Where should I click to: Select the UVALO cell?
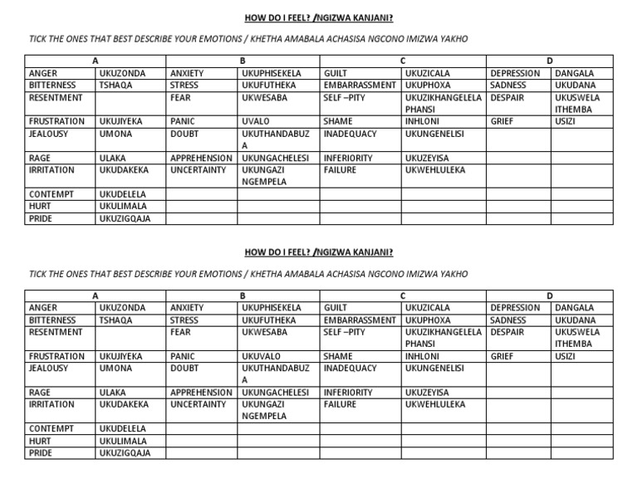(255, 121)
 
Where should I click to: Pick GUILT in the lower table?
(336, 308)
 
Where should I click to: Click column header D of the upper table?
(549, 61)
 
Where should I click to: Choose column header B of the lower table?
(243, 295)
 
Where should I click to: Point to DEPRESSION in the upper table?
(515, 73)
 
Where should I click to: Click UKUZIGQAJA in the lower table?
(125, 453)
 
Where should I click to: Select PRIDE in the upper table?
(41, 218)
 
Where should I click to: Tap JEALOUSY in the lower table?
(49, 368)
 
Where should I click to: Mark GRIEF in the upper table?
(503, 121)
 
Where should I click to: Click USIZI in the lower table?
(566, 356)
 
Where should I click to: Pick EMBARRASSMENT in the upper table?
(360, 85)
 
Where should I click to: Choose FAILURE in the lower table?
(340, 404)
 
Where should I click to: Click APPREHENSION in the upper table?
(201, 158)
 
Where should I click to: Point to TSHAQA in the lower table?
(115, 320)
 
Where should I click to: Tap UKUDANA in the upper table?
(575, 85)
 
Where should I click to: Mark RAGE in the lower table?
(40, 393)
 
